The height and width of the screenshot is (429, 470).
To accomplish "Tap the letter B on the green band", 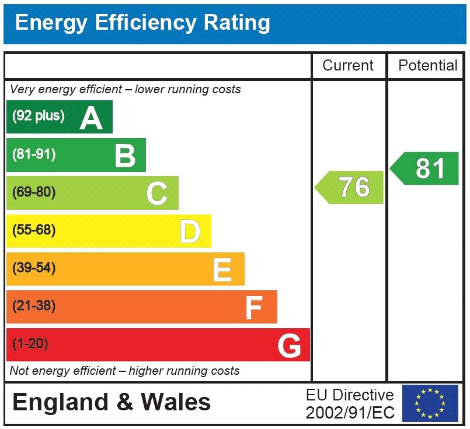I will click(125, 155).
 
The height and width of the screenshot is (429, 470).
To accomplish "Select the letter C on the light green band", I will click(157, 194).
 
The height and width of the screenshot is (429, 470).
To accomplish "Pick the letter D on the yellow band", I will click(190, 231).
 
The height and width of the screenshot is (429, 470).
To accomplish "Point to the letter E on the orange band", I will click(222, 269).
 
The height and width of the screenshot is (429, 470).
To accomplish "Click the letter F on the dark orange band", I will click(254, 307).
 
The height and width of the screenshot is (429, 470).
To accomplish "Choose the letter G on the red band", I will click(290, 346).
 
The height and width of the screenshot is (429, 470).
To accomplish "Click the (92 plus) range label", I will click(39, 116).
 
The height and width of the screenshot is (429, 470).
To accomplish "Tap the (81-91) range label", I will click(34, 154).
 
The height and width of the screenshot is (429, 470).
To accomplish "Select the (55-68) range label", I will click(34, 230).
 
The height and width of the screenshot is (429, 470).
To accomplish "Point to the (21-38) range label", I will click(34, 306).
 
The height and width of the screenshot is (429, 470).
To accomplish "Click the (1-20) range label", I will click(30, 344).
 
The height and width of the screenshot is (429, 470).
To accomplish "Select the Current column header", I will click(348, 66).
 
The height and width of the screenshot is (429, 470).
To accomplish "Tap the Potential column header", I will click(428, 66).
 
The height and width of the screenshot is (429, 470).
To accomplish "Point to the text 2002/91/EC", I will click(350, 413).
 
